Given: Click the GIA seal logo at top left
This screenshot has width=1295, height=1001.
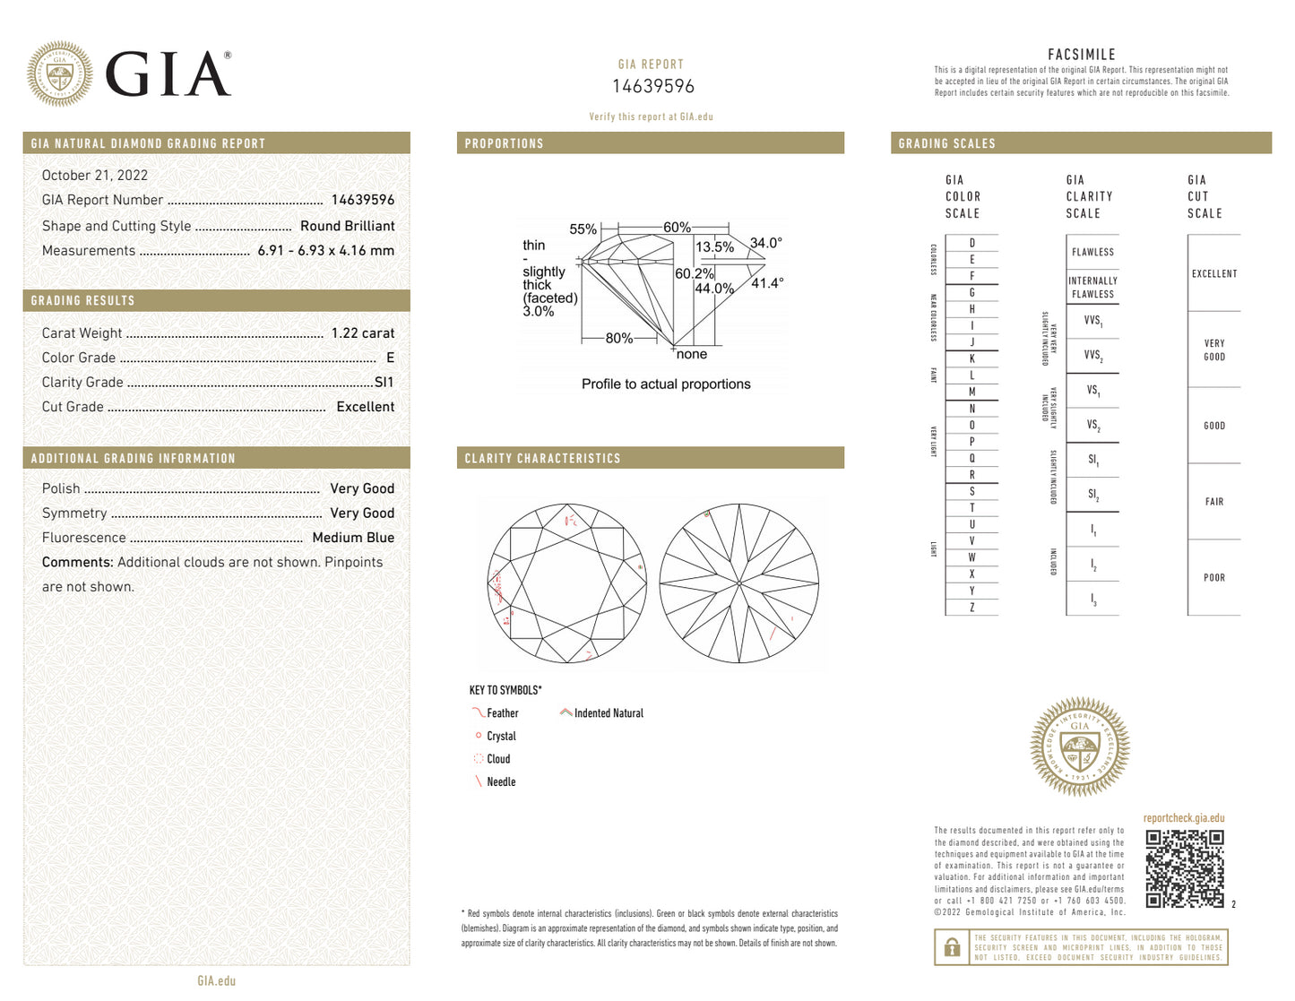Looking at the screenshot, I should [59, 73].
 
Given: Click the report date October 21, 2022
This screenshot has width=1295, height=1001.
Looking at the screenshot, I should [95, 176].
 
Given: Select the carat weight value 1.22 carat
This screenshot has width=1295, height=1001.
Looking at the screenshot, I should [362, 332].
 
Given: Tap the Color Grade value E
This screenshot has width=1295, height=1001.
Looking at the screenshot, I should [390, 358].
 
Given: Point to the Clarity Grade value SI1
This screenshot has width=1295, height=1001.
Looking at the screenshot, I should [384, 382].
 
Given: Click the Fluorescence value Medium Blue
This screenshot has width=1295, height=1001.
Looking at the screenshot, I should [353, 538].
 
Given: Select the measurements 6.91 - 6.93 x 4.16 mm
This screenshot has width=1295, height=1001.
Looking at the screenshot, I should [325, 251].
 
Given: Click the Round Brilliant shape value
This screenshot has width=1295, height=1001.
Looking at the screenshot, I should [347, 226].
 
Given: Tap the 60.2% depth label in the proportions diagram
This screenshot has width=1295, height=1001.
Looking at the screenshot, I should [694, 273].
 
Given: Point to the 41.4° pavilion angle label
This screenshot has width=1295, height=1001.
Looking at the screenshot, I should [767, 283].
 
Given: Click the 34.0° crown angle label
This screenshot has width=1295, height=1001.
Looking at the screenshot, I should [766, 243].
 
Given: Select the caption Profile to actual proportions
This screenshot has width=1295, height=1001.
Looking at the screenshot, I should [666, 384].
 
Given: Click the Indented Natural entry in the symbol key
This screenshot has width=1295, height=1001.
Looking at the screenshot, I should [609, 713].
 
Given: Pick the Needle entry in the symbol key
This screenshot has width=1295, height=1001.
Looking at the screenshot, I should [500, 782].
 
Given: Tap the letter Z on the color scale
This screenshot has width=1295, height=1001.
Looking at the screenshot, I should [971, 608].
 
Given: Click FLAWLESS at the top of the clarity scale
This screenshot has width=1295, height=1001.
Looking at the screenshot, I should [1092, 253].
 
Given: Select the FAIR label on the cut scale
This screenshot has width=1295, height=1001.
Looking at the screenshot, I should [1213, 502].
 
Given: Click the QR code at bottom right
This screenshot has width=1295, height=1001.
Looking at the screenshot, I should [1184, 868].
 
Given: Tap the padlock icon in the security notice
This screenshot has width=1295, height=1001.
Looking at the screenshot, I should [952, 947].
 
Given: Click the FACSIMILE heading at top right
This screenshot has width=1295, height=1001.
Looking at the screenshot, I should [1081, 55].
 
